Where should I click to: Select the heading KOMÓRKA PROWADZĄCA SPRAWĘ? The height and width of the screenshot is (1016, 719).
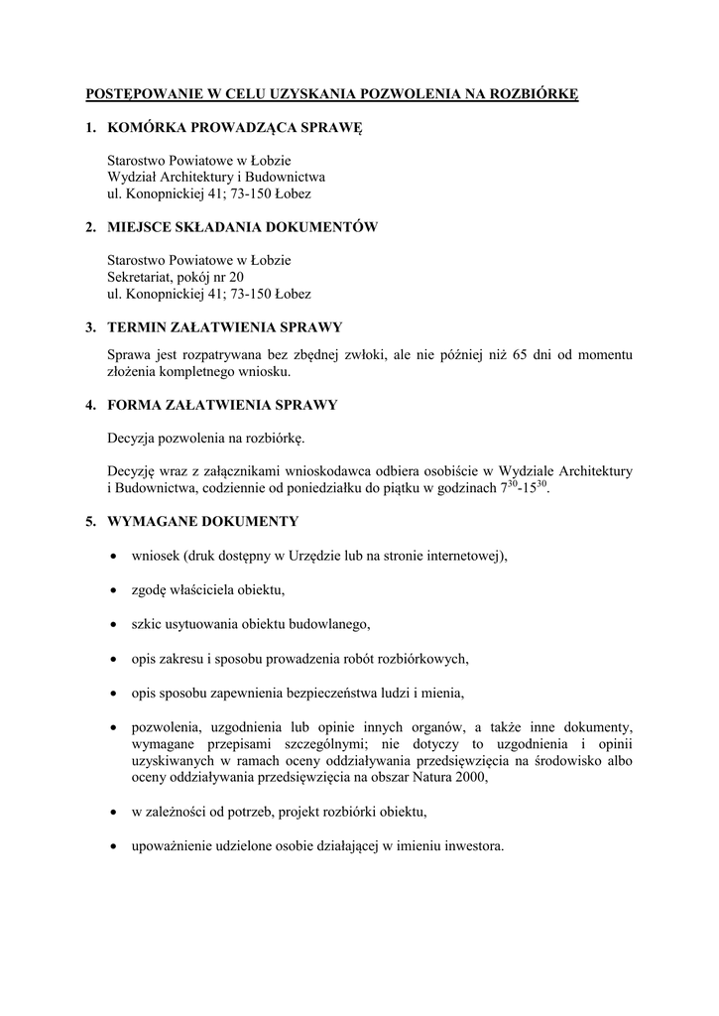(x=235, y=127)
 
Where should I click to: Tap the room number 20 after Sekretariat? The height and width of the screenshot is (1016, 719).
(x=236, y=277)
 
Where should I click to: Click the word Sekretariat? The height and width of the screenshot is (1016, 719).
(x=138, y=277)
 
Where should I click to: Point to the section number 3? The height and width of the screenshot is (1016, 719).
(x=89, y=326)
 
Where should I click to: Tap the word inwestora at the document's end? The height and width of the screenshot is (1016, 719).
(x=474, y=846)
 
